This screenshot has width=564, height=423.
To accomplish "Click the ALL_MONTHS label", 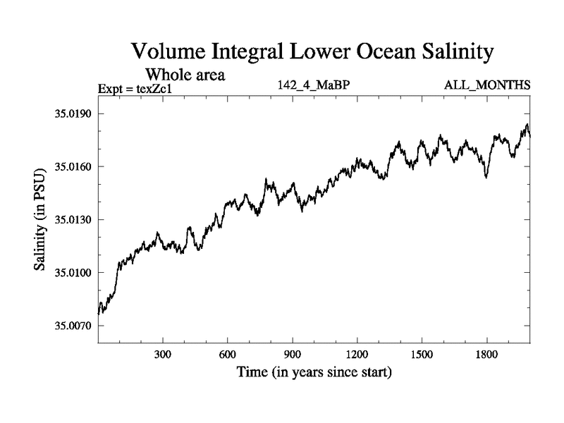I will (x=486, y=86).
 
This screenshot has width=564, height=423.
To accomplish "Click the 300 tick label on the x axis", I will (x=163, y=354).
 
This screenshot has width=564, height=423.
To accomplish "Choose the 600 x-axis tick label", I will (x=228, y=354).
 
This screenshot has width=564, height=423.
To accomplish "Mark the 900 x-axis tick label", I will (x=293, y=354).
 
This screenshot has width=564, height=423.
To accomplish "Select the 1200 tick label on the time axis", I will (x=357, y=354).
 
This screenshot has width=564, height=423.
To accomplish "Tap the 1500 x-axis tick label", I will (x=422, y=354).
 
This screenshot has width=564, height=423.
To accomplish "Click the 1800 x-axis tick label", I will (x=486, y=354).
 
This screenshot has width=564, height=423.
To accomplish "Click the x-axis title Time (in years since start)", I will (x=314, y=372).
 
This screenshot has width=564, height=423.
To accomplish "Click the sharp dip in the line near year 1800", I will (x=486, y=176).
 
